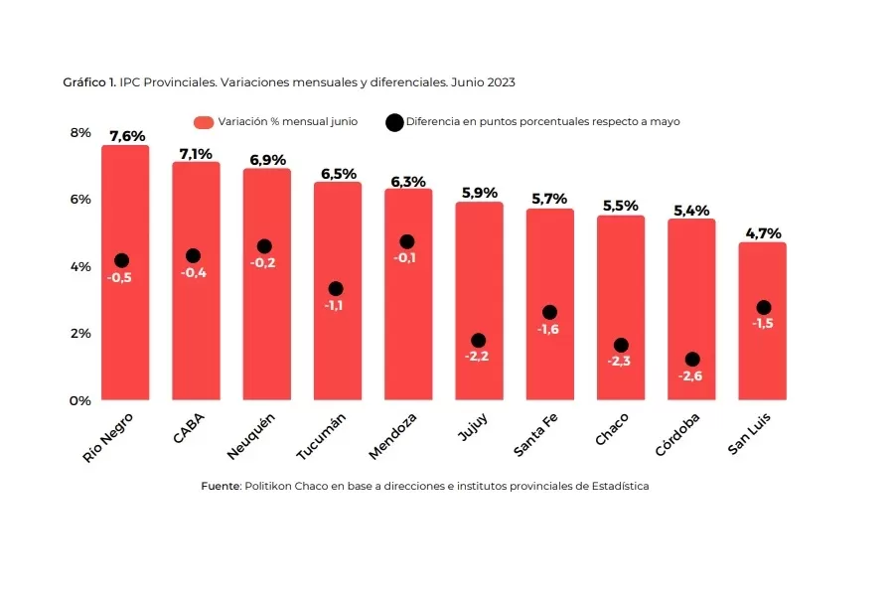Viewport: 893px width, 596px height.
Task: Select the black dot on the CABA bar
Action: pyautogui.click(x=193, y=256)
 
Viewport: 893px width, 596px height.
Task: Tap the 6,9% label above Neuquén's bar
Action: pyautogui.click(x=267, y=159)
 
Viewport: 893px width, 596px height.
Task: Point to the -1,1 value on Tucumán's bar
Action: pyautogui.click(x=335, y=305)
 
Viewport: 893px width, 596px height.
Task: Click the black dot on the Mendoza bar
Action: pyautogui.click(x=406, y=241)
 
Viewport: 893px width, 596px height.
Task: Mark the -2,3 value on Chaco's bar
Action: pyautogui.click(x=620, y=361)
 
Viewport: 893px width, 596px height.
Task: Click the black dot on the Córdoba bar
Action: pyautogui.click(x=691, y=360)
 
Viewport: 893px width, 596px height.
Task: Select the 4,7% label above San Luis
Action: pyautogui.click(x=762, y=233)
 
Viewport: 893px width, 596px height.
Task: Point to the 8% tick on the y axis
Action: pyautogui.click(x=79, y=132)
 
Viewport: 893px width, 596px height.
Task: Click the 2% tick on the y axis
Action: pyautogui.click(x=79, y=333)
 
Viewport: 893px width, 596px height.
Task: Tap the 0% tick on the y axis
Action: pyautogui.click(x=79, y=400)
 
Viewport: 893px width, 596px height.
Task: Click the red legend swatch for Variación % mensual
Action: pyautogui.click(x=204, y=122)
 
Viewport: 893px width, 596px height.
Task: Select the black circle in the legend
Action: pyautogui.click(x=393, y=122)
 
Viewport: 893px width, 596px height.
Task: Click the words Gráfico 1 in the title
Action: pyautogui.click(x=89, y=82)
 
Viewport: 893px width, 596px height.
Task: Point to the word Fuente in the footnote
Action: pyautogui.click(x=221, y=486)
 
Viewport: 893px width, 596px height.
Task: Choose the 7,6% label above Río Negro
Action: pyautogui.click(x=126, y=136)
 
